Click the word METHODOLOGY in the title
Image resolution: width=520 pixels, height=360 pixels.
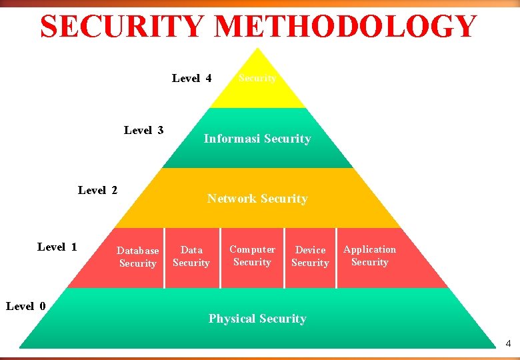(x=346, y=27)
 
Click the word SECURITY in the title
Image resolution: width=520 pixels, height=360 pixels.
(x=124, y=27)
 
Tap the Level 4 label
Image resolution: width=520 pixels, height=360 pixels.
(x=191, y=79)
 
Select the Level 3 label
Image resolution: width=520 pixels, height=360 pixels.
(x=143, y=130)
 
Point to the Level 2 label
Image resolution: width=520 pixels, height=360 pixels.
(x=97, y=191)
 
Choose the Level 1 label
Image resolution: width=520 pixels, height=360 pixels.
(x=57, y=247)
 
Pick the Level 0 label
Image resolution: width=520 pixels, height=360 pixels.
(x=25, y=306)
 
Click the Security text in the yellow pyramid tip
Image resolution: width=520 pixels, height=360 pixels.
(x=257, y=78)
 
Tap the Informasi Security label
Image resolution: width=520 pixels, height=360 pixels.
(x=257, y=139)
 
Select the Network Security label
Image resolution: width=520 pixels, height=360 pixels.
(x=257, y=199)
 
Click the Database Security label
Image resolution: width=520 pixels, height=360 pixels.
(x=137, y=257)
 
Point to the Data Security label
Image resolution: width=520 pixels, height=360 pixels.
(x=191, y=256)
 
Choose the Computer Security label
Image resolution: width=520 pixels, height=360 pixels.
(x=252, y=255)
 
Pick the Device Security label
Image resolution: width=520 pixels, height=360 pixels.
(x=310, y=256)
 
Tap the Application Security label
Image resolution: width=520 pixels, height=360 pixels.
(x=369, y=255)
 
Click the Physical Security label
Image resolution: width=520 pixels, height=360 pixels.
(x=257, y=319)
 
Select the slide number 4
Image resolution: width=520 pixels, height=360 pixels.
(x=508, y=344)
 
